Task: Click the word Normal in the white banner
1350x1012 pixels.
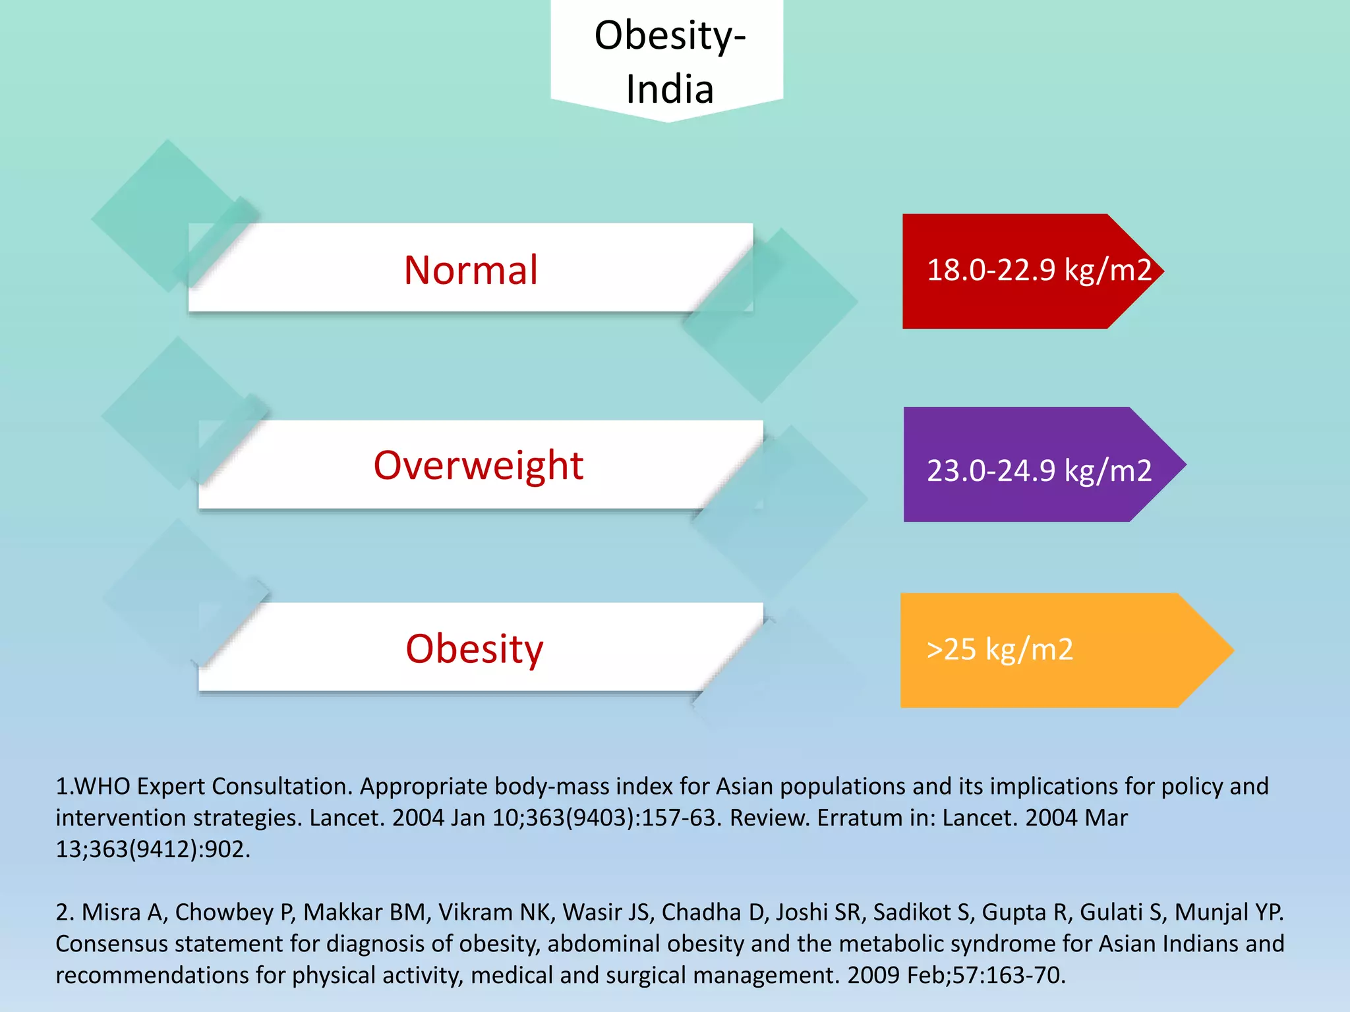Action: (471, 270)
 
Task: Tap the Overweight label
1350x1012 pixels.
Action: (479, 466)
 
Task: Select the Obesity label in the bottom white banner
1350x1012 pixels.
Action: (474, 649)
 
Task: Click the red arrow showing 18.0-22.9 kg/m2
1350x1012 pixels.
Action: (1028, 271)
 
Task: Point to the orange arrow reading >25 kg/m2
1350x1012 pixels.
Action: (1055, 650)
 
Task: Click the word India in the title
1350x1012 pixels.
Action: (670, 89)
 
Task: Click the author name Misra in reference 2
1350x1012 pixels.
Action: (111, 913)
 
